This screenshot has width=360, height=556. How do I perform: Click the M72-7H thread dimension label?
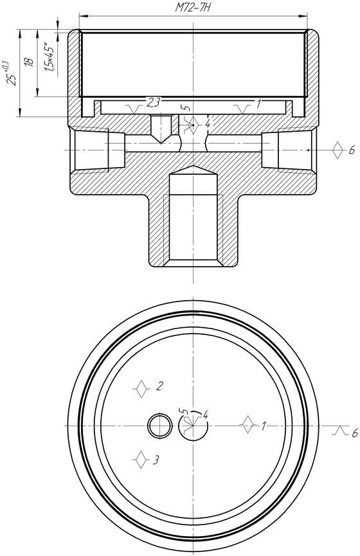pyautogui.click(x=193, y=8)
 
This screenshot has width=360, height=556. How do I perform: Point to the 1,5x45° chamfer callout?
pyautogui.click(x=50, y=57)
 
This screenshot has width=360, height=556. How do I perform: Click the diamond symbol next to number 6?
pyautogui.click(x=338, y=150)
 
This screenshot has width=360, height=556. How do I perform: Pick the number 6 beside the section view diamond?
pyautogui.click(x=352, y=150)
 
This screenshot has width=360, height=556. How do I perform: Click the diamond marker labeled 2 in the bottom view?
pyautogui.click(x=142, y=389)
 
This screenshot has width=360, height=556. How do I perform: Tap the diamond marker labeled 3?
pyautogui.click(x=141, y=460)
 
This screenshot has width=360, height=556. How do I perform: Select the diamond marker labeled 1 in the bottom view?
pyautogui.click(x=248, y=424)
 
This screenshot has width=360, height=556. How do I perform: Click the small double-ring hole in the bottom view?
pyautogui.click(x=159, y=425)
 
